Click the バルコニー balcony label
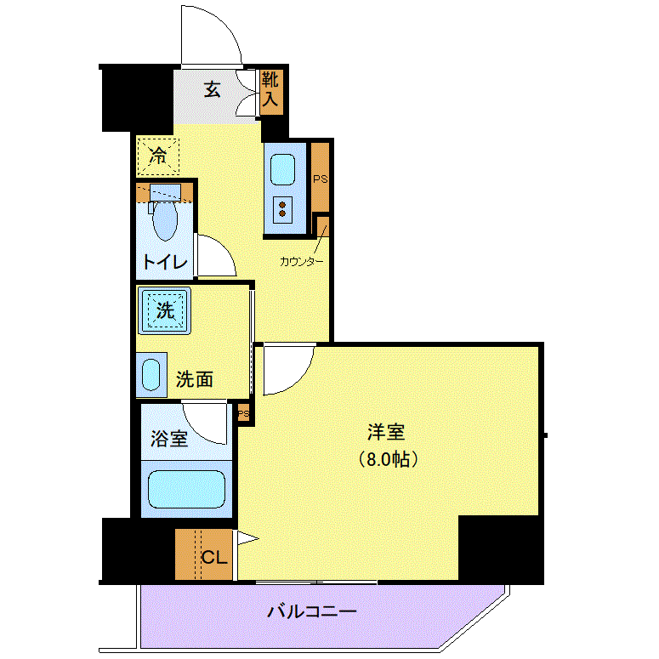pos(312,611)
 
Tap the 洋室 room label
pos(386,433)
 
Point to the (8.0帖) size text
pos(388,459)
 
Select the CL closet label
pos(214,557)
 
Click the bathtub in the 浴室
pos(186,489)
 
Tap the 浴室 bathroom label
pos(169,439)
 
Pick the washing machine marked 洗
pos(164,310)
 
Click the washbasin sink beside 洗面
pos(151,375)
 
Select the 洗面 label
pos(194,379)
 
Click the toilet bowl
pos(165,219)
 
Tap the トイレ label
pos(165,262)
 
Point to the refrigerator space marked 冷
pos(158,156)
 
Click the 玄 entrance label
pos(213,89)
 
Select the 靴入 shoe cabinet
pos(271,92)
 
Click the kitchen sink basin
pos(282,170)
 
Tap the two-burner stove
pos(282,210)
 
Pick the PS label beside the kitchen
pos(321,179)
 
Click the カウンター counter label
pos(302,262)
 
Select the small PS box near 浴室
pos(244,414)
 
